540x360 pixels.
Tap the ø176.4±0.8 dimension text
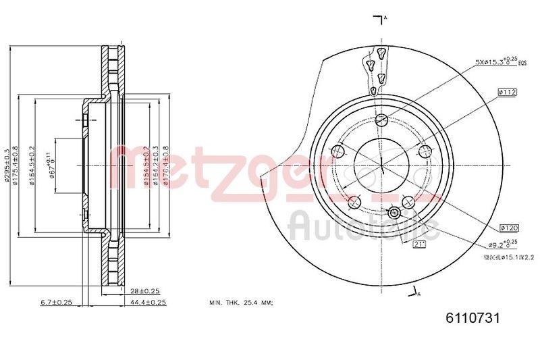[166, 165]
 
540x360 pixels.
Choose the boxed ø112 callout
[507, 92]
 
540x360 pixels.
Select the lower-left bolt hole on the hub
[353, 201]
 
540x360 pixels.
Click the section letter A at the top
[385, 17]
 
